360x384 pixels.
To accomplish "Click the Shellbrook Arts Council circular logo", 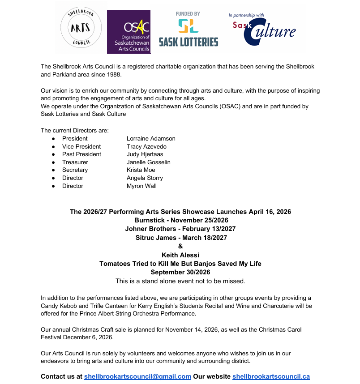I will [81, 28].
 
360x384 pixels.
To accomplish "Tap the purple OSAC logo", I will [129, 32].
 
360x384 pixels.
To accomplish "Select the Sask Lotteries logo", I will [188, 30].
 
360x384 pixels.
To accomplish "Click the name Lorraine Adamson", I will [151, 139].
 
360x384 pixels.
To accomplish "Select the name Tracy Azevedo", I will [146, 147].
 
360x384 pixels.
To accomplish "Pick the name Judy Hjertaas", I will [145, 154].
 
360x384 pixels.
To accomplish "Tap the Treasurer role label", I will [75, 162].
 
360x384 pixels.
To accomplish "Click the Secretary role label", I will [75, 170].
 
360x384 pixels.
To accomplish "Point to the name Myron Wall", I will [141, 186].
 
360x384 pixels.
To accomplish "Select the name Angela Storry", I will [145, 178].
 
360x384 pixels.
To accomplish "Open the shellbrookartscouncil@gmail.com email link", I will [137, 377].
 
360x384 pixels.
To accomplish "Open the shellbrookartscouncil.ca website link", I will [271, 377].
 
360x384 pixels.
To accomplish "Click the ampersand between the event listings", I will [180, 247].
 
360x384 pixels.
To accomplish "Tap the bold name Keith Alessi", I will [180, 255].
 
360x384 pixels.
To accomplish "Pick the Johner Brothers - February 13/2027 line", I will [180, 229].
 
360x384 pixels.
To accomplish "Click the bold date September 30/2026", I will [180, 272].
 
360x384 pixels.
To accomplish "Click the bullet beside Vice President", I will [53, 147].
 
